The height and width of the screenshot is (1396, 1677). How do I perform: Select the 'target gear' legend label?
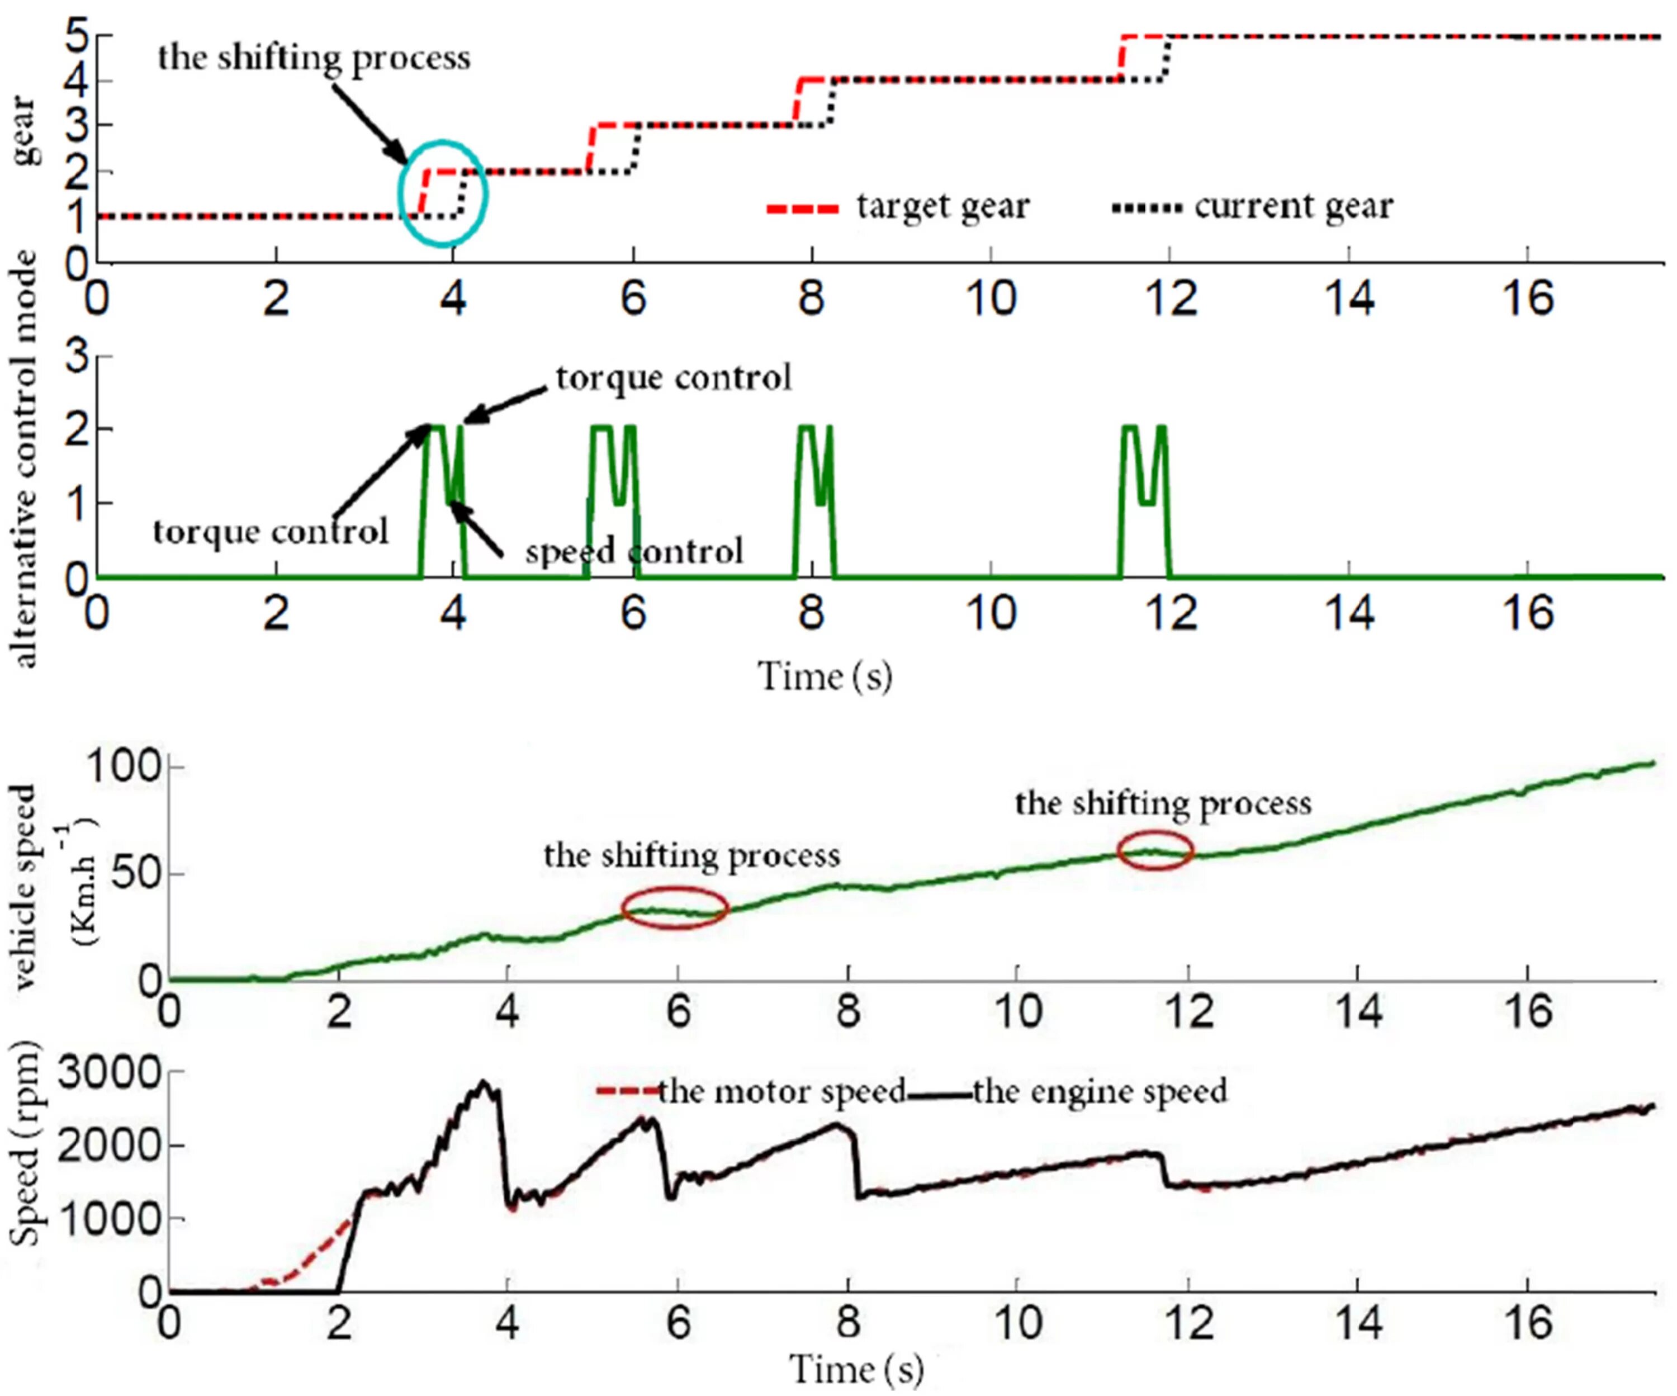coord(942,207)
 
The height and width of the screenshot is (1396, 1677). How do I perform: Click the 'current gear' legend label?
coord(1293,207)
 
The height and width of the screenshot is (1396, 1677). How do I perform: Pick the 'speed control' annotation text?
coord(634,551)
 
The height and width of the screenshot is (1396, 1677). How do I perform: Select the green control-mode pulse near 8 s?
coord(814,479)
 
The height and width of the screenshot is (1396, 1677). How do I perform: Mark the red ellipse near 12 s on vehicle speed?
coord(1155,851)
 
